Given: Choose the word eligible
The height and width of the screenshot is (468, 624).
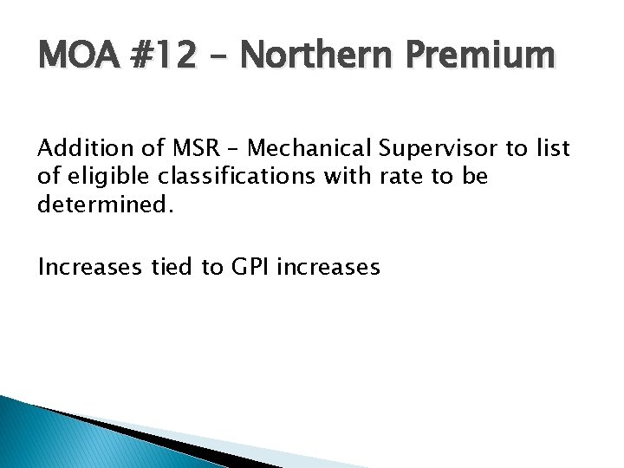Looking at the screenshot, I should (x=99, y=177).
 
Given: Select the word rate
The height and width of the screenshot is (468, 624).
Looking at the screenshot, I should (x=400, y=177).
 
